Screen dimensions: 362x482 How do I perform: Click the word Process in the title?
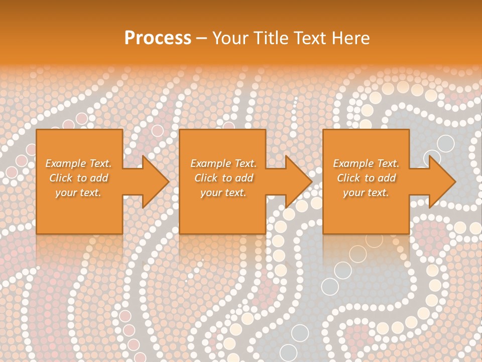coord(158,38)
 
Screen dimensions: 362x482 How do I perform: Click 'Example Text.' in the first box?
coord(78,163)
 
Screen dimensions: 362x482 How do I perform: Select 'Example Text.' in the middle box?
coord(223,163)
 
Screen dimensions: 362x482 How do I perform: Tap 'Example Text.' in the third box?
coord(366,163)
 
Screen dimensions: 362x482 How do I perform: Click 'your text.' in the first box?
coord(78,193)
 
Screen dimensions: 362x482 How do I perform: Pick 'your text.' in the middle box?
coord(223,193)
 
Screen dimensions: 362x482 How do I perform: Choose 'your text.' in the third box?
coord(366,193)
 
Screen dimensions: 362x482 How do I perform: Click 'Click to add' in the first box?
coord(78,178)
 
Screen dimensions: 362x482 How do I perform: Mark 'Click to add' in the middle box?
coord(223,178)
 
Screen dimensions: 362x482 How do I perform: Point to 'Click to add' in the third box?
coord(366,178)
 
